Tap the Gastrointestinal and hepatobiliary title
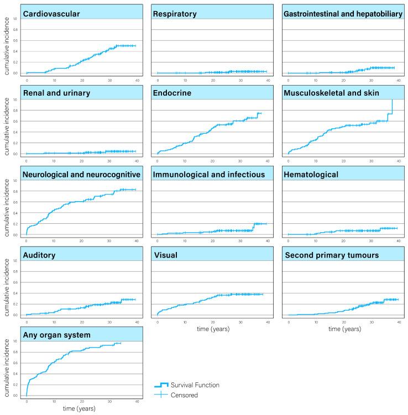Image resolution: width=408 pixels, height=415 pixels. [x=343, y=13]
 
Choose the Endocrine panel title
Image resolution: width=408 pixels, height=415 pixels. [x=173, y=93]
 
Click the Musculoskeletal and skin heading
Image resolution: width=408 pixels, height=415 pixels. [x=331, y=93]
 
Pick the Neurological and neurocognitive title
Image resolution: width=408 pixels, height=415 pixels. [x=81, y=175]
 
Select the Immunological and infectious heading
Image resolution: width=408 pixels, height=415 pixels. [x=210, y=175]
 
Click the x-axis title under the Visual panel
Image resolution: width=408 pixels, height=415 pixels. [x=213, y=329]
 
